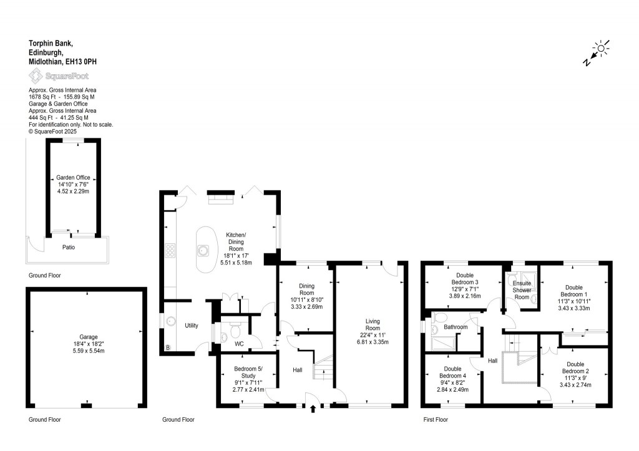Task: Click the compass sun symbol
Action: click(x=601, y=48)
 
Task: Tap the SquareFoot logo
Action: click(x=59, y=75)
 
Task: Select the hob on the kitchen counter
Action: click(x=170, y=251)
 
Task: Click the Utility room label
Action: click(x=191, y=325)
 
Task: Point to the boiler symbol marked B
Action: click(x=167, y=348)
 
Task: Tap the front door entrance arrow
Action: click(x=313, y=409)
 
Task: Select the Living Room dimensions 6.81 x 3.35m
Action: click(x=373, y=342)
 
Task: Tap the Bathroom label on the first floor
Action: click(x=456, y=327)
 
